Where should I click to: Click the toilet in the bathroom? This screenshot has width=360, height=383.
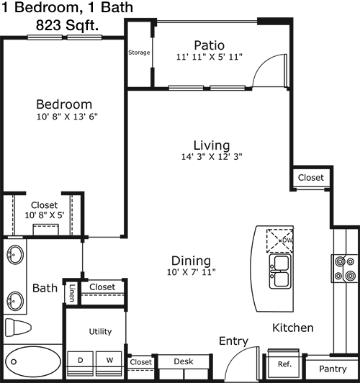coord(18,328)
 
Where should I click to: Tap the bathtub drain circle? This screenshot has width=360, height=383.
coord(14,361)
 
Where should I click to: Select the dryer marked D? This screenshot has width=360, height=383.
coord(80,364)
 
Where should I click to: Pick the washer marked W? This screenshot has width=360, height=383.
coord(109,364)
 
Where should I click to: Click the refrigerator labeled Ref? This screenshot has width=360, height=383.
coord(284,364)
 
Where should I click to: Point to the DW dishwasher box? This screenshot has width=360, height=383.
coord(279,240)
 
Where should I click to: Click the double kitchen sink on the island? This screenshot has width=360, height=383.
coord(280,271)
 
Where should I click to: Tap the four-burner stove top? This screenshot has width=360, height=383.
coord(345,269)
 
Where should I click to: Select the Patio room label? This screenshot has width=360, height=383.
coord(209,45)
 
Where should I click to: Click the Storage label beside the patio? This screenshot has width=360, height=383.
coord(139,53)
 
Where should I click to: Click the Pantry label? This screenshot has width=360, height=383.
coord(333,369)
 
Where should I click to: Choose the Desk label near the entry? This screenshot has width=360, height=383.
coord(184,361)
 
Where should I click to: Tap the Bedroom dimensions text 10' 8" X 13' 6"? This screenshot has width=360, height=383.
coord(67,117)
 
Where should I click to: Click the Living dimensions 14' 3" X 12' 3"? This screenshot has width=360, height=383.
coord(212,156)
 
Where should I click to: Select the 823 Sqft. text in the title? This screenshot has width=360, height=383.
coord(67,25)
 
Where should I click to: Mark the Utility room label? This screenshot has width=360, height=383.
coord(100,331)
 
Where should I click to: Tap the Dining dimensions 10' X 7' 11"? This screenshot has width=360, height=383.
coord(192,272)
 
